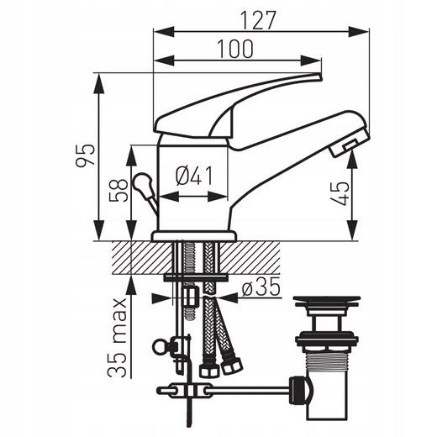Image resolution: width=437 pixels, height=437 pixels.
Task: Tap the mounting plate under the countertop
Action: tap(195, 276)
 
